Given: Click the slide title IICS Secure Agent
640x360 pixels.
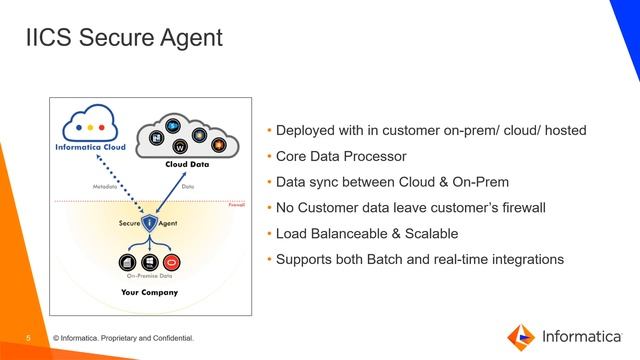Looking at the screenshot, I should (x=122, y=40).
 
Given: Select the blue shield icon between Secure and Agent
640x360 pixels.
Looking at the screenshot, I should (x=148, y=223).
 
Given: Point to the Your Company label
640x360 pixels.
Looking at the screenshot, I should (x=148, y=293).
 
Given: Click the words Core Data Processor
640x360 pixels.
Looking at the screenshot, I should (x=340, y=157).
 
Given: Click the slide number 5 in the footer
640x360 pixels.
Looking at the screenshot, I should (x=28, y=338).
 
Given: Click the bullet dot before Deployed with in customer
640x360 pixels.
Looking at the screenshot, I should (x=269, y=131).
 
